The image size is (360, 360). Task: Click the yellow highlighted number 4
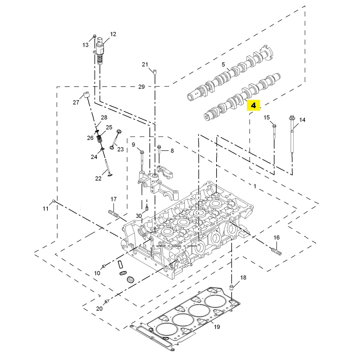pyautogui.click(x=253, y=105)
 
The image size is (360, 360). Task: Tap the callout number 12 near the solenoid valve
pyautogui.click(x=113, y=34)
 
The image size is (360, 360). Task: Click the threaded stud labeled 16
pyautogui.click(x=276, y=251)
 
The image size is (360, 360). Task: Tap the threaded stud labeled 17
pyautogui.click(x=114, y=214)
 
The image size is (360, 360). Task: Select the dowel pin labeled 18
pyautogui.click(x=232, y=288)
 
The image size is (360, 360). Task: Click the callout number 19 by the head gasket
pyautogui.click(x=217, y=327)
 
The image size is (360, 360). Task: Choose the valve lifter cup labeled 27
pyautogui.click(x=86, y=94)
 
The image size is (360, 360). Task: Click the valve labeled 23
pyautogui.click(x=115, y=139)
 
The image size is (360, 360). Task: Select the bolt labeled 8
pyautogui.click(x=159, y=155)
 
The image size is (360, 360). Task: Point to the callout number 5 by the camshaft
pyautogui.click(x=223, y=65)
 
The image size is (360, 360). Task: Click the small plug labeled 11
pyautogui.click(x=53, y=201)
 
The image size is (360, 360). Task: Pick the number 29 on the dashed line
pyautogui.click(x=141, y=87)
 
